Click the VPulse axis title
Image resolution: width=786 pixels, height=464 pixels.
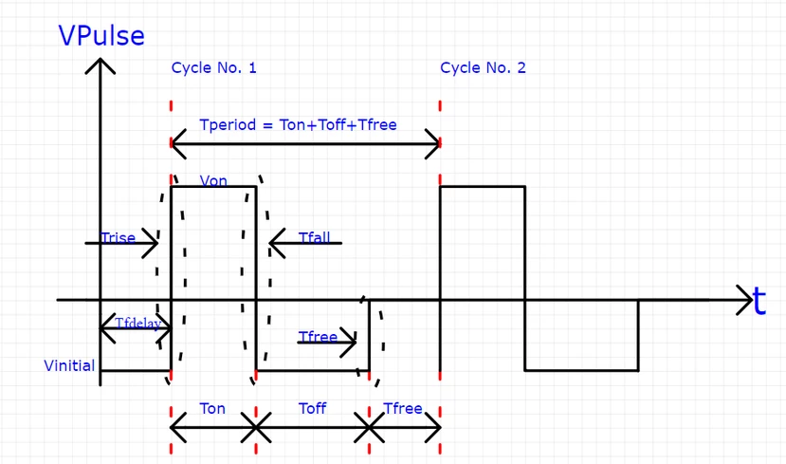click(x=101, y=35)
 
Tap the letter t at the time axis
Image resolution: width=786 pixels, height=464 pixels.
click(x=759, y=302)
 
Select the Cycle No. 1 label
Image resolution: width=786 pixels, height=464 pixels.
click(x=213, y=68)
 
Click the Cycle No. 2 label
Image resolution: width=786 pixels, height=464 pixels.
click(x=483, y=68)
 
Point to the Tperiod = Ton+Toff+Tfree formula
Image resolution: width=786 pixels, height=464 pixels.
click(x=298, y=124)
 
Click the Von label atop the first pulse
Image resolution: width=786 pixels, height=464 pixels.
click(x=213, y=180)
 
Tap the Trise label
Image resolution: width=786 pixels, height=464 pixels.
click(x=118, y=238)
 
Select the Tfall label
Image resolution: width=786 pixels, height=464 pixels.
click(x=314, y=237)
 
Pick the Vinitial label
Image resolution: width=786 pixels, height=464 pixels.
click(x=69, y=365)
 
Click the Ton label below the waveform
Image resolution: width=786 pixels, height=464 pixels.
click(x=212, y=408)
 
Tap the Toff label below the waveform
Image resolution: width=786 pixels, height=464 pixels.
click(x=312, y=408)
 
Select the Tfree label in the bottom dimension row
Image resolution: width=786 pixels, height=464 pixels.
click(x=402, y=408)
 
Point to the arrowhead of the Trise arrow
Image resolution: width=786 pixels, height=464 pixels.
click(x=155, y=244)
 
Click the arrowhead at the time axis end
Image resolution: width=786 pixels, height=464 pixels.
click(x=744, y=301)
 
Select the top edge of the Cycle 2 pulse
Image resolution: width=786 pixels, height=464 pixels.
click(x=482, y=187)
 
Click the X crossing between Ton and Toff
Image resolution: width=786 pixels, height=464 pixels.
click(x=254, y=430)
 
